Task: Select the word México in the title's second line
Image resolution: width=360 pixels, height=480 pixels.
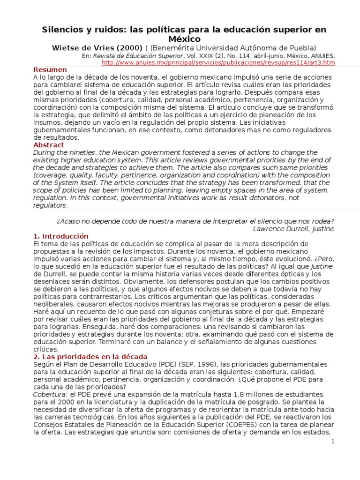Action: pyautogui.click(x=180, y=39)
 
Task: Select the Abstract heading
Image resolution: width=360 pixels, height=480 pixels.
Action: pyautogui.click(x=48, y=145)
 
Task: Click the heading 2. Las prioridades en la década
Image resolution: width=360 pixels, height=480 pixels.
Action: pyautogui.click(x=90, y=357)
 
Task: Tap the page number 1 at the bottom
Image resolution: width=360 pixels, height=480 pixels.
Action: pyautogui.click(x=332, y=442)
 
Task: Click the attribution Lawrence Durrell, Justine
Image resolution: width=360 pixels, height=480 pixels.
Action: pyautogui.click(x=293, y=229)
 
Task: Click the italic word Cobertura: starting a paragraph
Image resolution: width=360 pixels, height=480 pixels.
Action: pyautogui.click(x=49, y=395)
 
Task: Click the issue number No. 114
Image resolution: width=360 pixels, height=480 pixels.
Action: pyautogui.click(x=221, y=55)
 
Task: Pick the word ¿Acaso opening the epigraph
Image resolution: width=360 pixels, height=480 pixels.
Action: pyautogui.click(x=68, y=221)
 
